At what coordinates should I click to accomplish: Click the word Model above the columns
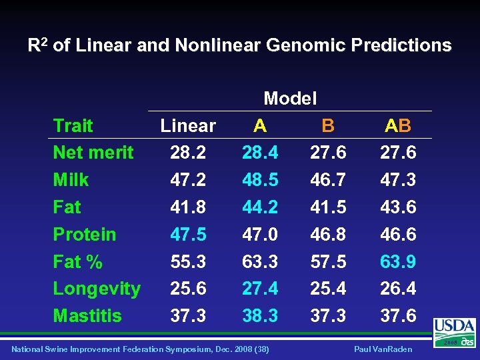coord(290,99)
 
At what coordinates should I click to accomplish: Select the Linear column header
coord(188,125)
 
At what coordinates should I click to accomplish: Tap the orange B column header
coord(327,125)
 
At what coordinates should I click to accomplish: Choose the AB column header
coord(398,125)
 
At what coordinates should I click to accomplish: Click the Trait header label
coord(73,125)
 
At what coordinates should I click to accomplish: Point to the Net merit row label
coord(93,153)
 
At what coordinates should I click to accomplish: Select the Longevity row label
coord(97,289)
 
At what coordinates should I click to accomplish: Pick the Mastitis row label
coord(87,315)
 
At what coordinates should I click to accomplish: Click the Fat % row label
coord(77,261)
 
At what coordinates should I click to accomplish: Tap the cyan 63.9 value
coord(398,261)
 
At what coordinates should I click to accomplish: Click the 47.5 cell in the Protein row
coord(188,234)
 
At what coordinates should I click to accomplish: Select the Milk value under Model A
coord(259,180)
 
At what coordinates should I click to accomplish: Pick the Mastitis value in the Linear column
coord(188,315)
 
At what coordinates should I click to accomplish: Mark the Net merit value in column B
coord(328,153)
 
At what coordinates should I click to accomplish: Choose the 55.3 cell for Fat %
coord(188,261)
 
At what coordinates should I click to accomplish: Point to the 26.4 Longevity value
coord(398,289)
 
